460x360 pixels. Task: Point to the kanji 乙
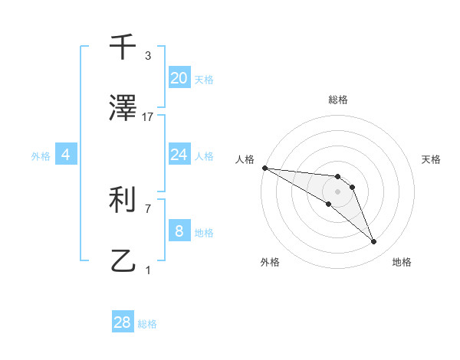[123, 261]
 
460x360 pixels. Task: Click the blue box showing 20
[179, 77]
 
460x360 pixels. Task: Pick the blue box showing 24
[179, 155]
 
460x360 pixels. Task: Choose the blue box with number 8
[179, 231]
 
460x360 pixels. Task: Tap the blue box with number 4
[66, 155]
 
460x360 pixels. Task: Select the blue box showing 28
[123, 322]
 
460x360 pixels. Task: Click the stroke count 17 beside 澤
[148, 117]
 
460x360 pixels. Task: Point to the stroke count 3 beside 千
[148, 56]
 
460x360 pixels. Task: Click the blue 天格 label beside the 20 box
[203, 79]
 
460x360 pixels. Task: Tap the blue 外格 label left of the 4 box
[41, 156]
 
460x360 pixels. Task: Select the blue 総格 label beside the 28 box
[147, 324]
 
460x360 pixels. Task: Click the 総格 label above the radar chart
[337, 100]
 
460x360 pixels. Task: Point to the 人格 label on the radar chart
[245, 159]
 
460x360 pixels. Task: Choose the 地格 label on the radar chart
[402, 262]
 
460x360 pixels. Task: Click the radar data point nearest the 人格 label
[264, 168]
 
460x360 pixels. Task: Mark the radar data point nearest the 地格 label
[374, 242]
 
